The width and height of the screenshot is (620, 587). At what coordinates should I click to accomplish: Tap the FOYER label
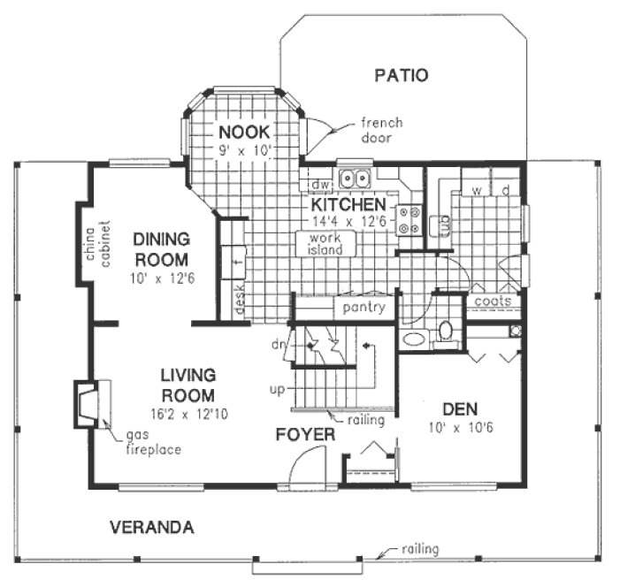click(304, 435)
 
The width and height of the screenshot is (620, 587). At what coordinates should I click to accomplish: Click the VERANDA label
click(151, 528)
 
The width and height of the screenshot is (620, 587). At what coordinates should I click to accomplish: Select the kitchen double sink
click(356, 179)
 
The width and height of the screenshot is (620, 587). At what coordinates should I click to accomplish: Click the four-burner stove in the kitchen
click(409, 219)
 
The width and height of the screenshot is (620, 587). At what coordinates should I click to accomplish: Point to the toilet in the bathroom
click(446, 332)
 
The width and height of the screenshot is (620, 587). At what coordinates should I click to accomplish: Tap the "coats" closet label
click(491, 301)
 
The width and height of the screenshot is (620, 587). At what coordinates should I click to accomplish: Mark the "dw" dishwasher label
click(319, 185)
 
